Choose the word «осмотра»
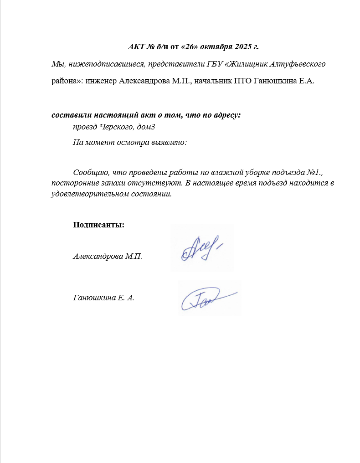[x=130, y=142]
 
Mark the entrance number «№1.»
[x=303, y=173]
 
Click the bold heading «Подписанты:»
[x=98, y=225]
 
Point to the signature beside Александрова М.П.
[x=201, y=248]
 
